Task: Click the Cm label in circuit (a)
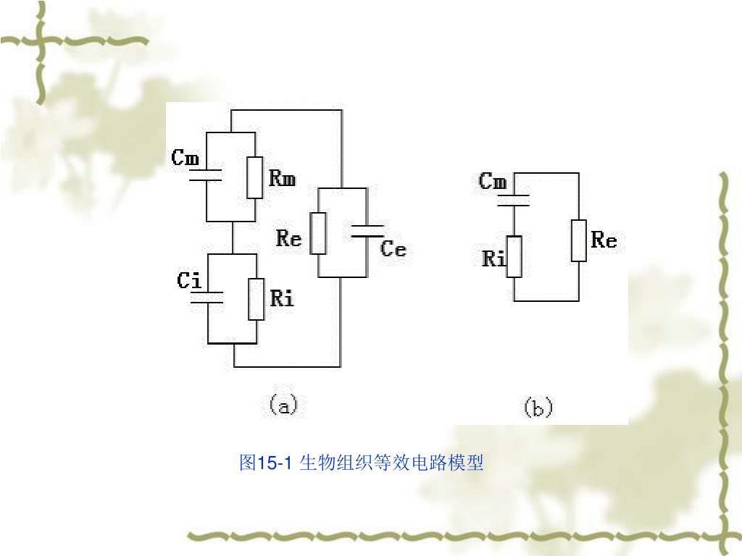click(185, 157)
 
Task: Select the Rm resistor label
click(282, 177)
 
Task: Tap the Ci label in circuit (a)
click(190, 280)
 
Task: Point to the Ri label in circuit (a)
click(282, 298)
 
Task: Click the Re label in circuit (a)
click(288, 237)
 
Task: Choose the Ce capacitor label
click(393, 249)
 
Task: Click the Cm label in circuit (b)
click(493, 181)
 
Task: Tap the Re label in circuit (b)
click(604, 240)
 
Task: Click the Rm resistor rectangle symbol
click(254, 177)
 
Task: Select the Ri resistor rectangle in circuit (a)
click(257, 299)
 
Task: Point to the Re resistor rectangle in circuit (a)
click(318, 233)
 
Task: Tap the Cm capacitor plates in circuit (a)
click(206, 174)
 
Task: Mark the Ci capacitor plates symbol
click(207, 296)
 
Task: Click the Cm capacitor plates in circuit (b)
click(514, 201)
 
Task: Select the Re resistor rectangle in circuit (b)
click(578, 240)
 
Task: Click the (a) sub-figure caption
click(283, 406)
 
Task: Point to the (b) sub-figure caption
click(538, 408)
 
